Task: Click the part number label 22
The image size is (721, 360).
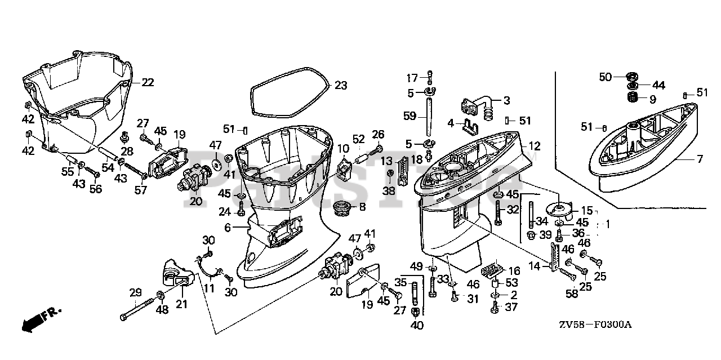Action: pyautogui.click(x=147, y=82)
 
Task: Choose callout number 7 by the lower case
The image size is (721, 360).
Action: pyautogui.click(x=700, y=159)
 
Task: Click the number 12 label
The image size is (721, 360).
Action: pyautogui.click(x=534, y=146)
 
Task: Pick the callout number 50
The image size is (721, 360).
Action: pyautogui.click(x=605, y=77)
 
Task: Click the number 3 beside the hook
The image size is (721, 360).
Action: pyautogui.click(x=506, y=101)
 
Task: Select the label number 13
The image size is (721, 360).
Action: pyautogui.click(x=386, y=162)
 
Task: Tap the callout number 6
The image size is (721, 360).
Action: pyautogui.click(x=228, y=227)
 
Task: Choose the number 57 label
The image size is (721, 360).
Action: pyautogui.click(x=140, y=190)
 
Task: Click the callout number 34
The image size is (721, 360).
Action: pyautogui.click(x=542, y=221)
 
